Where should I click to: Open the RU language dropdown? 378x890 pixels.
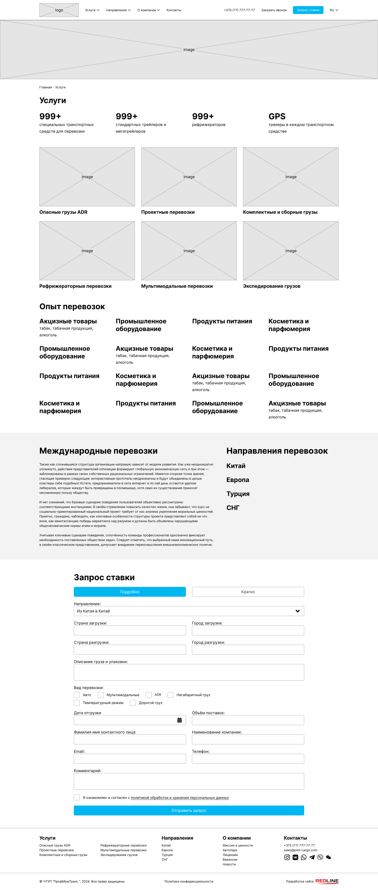[x=334, y=10]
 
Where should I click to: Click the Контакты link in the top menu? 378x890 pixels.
[x=174, y=10]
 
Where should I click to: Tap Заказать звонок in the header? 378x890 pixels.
[x=274, y=10]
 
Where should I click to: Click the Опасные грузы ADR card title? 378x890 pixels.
[x=63, y=212]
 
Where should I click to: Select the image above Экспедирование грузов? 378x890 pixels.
[x=291, y=251]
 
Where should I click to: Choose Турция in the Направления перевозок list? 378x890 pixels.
[x=238, y=494]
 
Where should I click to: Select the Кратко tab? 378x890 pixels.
[x=248, y=592]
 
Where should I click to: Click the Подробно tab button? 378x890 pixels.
[x=130, y=592]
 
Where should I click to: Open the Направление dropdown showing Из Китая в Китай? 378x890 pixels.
[x=189, y=611]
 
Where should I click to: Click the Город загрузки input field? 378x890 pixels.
[x=248, y=631]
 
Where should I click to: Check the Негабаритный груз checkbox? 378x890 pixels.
[x=170, y=695]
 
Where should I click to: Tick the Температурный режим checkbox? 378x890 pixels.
[x=77, y=703]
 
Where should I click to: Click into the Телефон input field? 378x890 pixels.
[x=248, y=759]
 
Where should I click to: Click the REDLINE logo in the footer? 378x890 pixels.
[x=327, y=881]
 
